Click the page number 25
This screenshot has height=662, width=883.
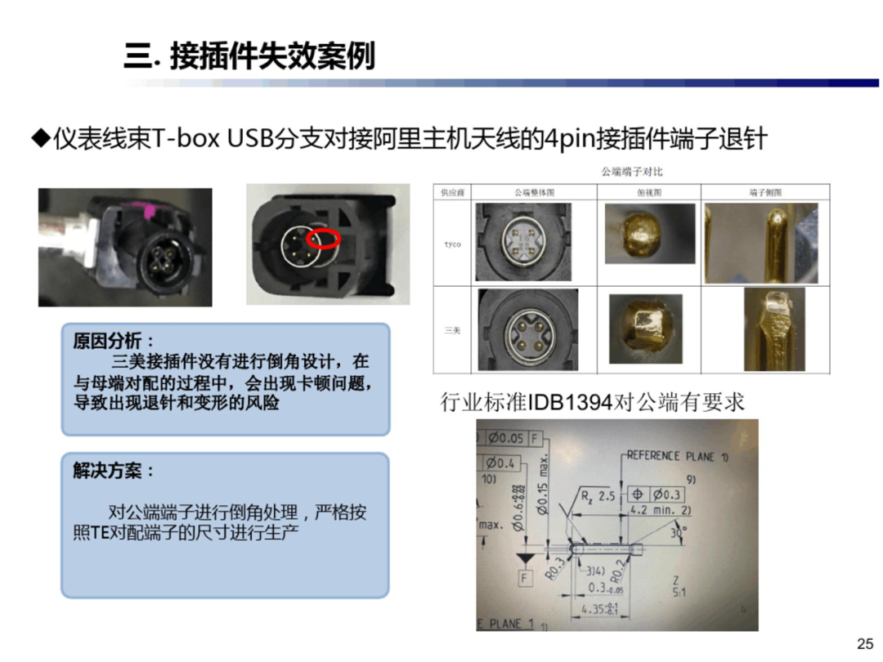[x=864, y=643]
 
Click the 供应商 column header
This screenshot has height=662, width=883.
[x=451, y=193]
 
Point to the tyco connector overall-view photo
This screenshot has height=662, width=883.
[x=523, y=244]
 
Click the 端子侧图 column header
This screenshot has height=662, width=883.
[x=765, y=193]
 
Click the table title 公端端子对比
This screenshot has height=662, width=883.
[x=631, y=172]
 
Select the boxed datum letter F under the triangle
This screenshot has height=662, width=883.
[x=523, y=579]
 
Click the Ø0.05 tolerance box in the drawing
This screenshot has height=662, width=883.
[x=505, y=438]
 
